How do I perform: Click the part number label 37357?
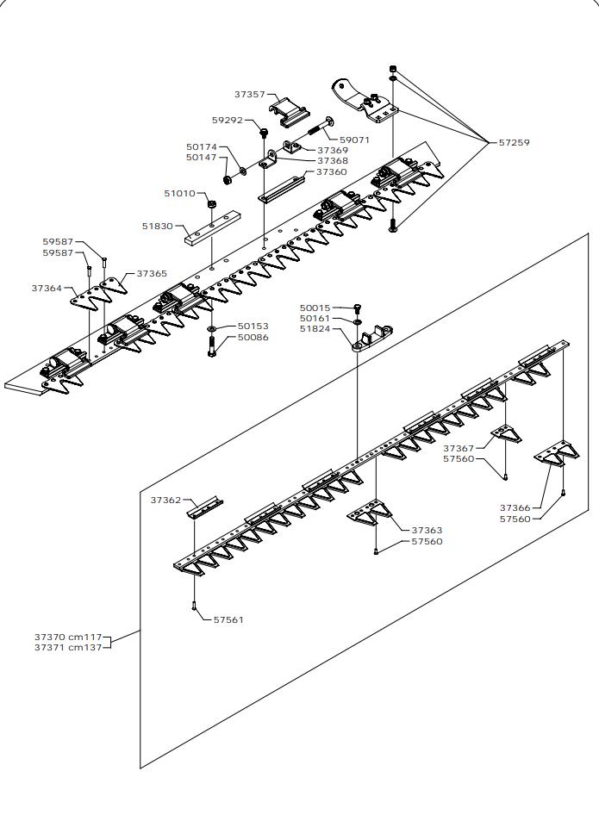[x=249, y=94]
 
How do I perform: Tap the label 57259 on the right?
[x=515, y=142]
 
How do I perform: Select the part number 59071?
[x=354, y=140]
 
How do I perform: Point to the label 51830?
[x=158, y=226]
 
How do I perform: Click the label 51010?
[x=179, y=194]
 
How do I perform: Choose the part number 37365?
[x=152, y=273]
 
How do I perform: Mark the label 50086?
[x=253, y=338]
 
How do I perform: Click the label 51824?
[x=315, y=329]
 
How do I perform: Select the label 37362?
[x=165, y=500]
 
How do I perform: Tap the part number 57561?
[x=228, y=619]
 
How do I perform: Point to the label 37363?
[x=427, y=531]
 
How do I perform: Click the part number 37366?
[x=515, y=507]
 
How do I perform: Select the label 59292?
[x=227, y=121]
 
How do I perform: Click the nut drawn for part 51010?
[x=211, y=203]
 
